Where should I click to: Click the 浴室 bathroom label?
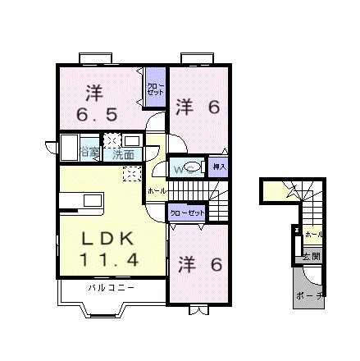pyautogui.click(x=90, y=152)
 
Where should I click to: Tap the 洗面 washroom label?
pyautogui.click(x=124, y=152)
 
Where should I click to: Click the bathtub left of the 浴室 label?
pyautogui.click(x=67, y=152)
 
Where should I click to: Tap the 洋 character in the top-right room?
pyautogui.click(x=185, y=106)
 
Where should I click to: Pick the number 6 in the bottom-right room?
pyautogui.click(x=216, y=264)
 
